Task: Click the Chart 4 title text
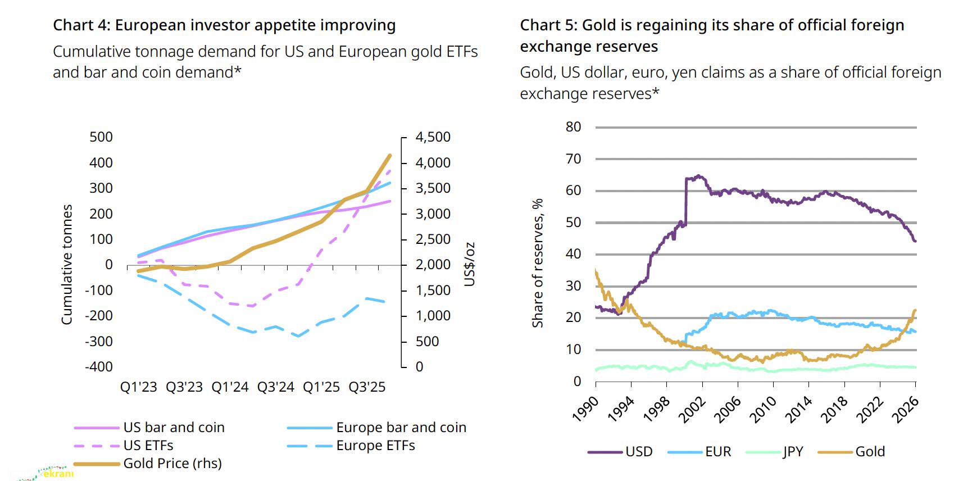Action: coord(224,25)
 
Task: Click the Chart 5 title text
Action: coord(712,35)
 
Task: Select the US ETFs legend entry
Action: coord(148,446)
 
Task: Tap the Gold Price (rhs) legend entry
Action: coord(172,464)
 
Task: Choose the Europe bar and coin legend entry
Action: coord(401,428)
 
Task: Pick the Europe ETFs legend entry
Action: coord(375,446)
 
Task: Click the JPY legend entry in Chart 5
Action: coord(793,452)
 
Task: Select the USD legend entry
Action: coord(639,452)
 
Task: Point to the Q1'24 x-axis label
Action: coord(230,387)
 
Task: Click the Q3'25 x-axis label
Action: coord(367,387)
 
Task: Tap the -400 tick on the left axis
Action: coord(99,367)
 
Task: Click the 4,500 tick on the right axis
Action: coord(433,137)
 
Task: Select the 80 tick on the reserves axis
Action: coord(573,127)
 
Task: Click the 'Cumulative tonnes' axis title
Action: coord(67,264)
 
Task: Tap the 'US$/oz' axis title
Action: coord(470,264)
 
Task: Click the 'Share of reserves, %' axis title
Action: coord(538,262)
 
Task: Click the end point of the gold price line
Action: coord(389,155)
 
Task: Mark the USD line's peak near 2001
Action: coord(698,176)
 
